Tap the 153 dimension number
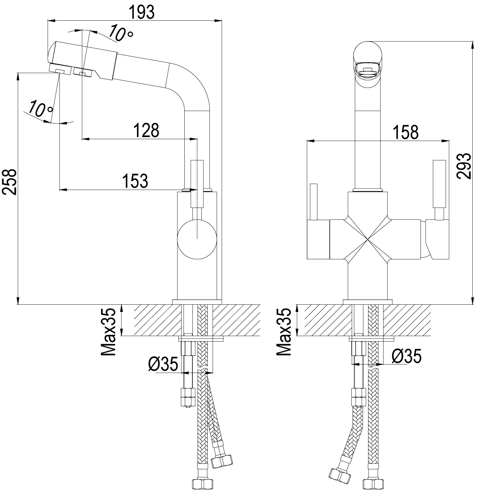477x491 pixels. pos(135,181)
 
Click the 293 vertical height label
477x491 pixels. pos(463,166)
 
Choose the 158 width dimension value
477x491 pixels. pos(406,132)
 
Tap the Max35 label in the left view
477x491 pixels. pos(108,331)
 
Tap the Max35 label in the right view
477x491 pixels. pos(284,331)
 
